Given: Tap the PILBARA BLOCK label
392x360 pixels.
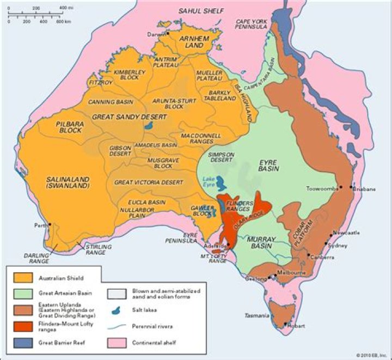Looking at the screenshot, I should click(x=69, y=127).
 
